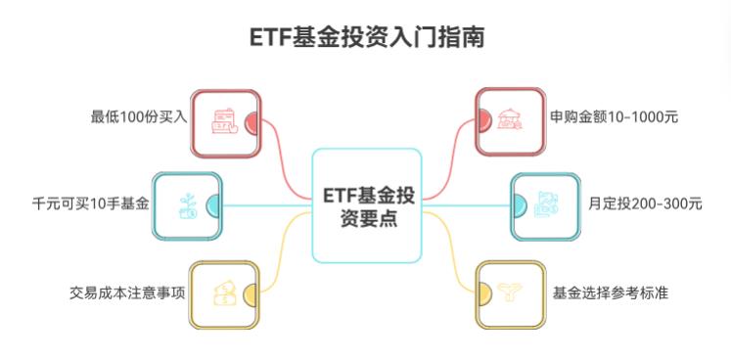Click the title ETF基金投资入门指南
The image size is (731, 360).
click(x=366, y=38)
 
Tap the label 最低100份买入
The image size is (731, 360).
click(x=138, y=117)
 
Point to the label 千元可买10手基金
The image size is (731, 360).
click(x=90, y=204)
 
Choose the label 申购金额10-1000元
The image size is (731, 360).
click(x=615, y=117)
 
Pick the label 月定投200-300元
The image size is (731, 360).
click(x=645, y=204)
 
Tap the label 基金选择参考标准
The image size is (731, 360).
click(x=610, y=292)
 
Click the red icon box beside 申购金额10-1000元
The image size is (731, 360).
click(x=509, y=122)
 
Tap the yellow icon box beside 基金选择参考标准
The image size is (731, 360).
click(x=509, y=292)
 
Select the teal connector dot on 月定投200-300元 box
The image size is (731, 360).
click(x=518, y=205)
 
